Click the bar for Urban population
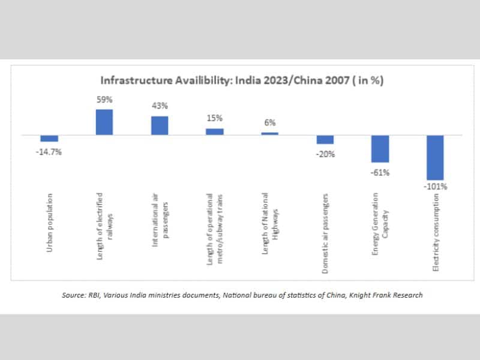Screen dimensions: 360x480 tap(49, 138)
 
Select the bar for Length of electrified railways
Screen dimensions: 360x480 tap(104, 122)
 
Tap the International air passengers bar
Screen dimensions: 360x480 tap(160, 125)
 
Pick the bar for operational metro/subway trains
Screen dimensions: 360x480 tap(215, 131)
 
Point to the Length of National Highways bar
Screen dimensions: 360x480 tap(270, 133)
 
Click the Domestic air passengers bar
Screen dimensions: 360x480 tap(325, 139)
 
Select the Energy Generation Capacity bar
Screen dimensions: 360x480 tap(380, 148)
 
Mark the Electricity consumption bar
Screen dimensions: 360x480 tap(436, 157)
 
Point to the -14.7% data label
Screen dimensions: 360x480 tap(49, 152)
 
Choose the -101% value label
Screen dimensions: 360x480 tap(436, 187)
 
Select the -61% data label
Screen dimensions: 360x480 tap(380, 172)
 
